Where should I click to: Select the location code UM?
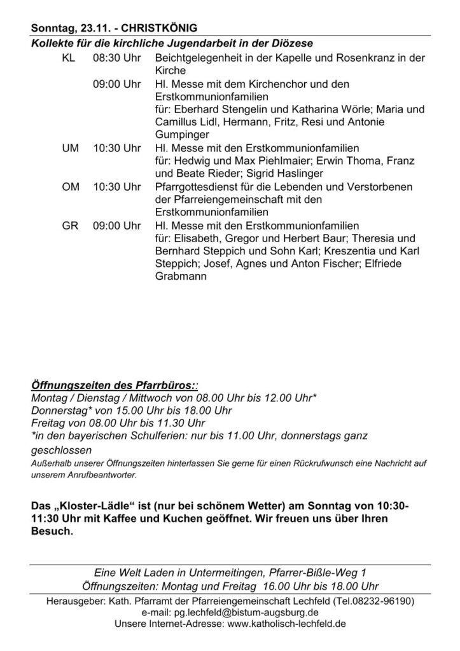(x=70, y=147)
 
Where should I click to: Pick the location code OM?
(x=70, y=187)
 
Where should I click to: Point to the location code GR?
(x=70, y=226)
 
